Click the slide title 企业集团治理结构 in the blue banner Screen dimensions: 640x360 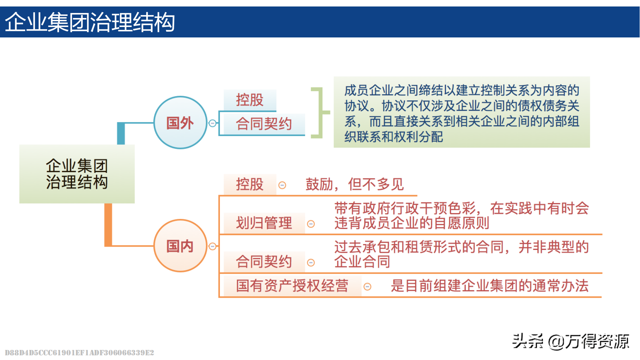coord(90,22)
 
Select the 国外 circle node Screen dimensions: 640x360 coord(180,122)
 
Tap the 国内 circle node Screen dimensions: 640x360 coord(180,246)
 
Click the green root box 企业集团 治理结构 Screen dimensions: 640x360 coord(77,174)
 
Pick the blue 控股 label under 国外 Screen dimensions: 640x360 coord(250,100)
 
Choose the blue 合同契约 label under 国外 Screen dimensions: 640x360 coord(264,124)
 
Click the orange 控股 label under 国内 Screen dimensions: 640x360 coord(250,184)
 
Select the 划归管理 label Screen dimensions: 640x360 coord(264,223)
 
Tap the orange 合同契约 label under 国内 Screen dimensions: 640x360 coord(264,262)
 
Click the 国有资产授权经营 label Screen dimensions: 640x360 coord(292,286)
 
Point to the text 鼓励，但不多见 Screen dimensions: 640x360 coord(355,184)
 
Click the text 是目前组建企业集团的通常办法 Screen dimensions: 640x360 coord(490,286)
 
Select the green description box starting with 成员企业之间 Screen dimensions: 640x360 coord(462,112)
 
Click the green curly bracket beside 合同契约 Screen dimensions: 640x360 coord(320,113)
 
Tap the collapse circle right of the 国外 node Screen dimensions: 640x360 coord(213,123)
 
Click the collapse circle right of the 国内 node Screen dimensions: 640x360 coord(213,247)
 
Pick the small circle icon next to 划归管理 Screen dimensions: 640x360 coord(311,224)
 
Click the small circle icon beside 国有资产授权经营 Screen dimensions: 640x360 coord(368,287)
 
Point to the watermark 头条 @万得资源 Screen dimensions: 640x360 coord(571,341)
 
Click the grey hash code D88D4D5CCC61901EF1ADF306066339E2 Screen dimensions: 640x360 coord(80,352)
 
